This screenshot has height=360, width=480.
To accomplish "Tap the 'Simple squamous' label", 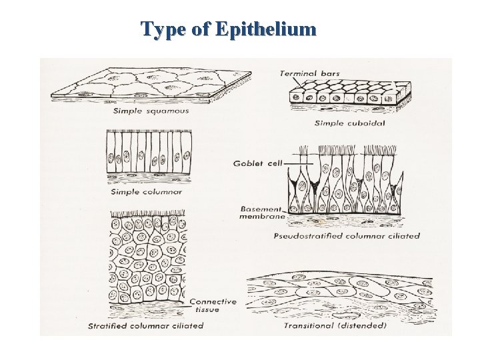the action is (151, 111).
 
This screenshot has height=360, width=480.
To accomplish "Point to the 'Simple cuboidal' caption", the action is (349, 123).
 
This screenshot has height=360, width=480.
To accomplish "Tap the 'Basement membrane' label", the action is (263, 212).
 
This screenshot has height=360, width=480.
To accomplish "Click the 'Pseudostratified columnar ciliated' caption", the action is (347, 235).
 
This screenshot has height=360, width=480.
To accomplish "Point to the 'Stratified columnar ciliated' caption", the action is (145, 326).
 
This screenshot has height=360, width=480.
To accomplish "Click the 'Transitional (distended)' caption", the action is (335, 326).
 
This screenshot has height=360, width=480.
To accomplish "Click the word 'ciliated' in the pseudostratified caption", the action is (403, 235).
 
